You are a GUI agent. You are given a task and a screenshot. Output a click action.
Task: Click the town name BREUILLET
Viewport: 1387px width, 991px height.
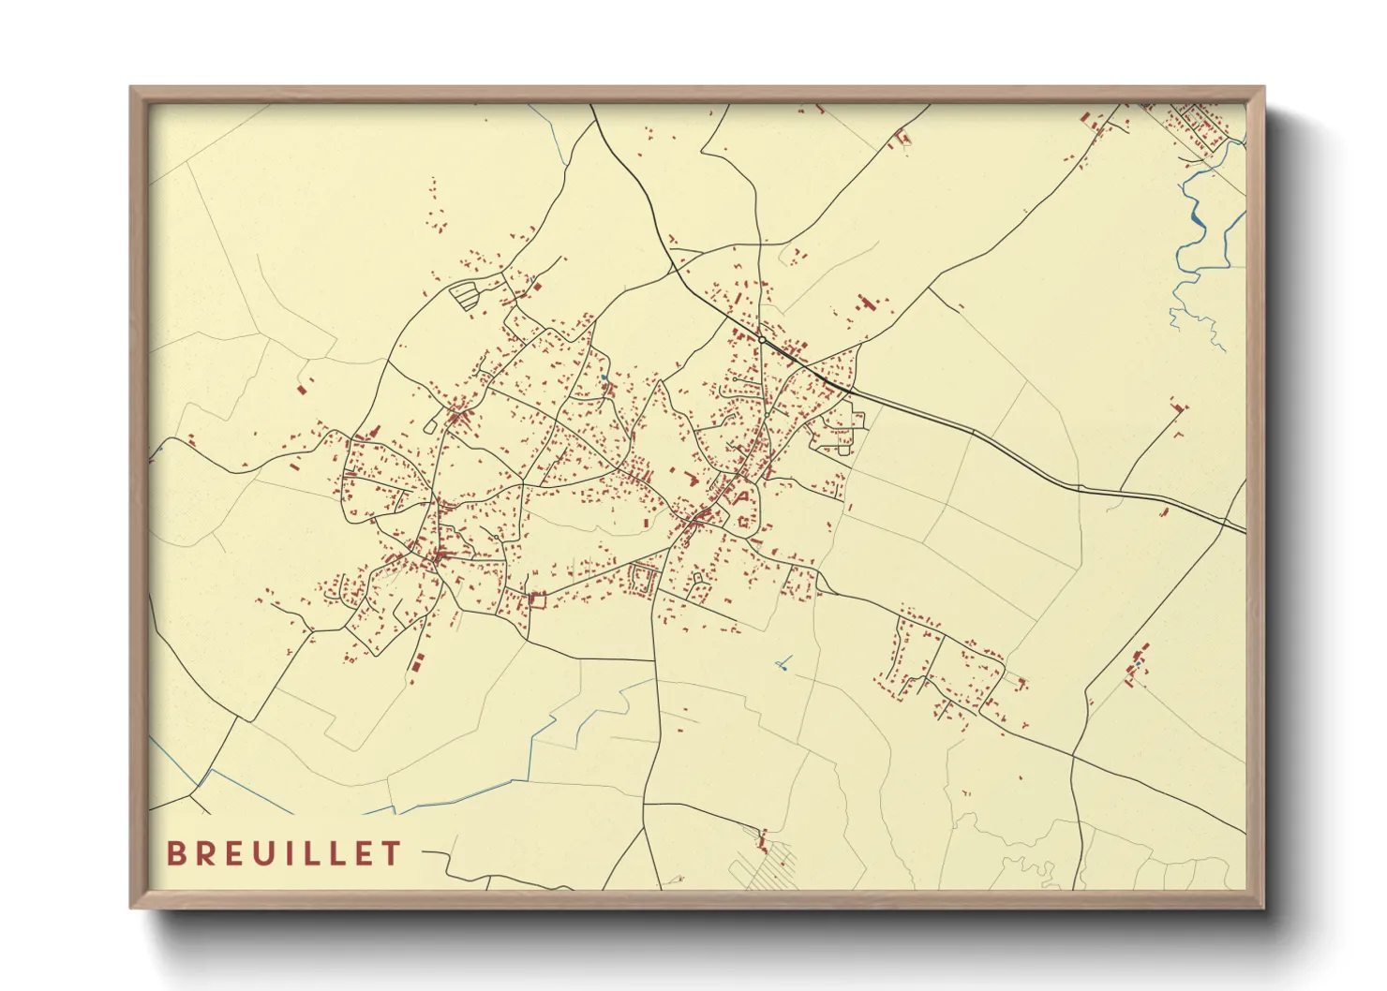[x=284, y=853]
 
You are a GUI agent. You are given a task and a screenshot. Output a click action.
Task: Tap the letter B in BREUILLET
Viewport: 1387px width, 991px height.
[x=175, y=853]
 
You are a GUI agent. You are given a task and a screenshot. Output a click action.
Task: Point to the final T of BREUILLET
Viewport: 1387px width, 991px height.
[x=392, y=853]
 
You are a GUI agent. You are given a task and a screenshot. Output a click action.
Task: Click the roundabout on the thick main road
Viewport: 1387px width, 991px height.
[x=763, y=338]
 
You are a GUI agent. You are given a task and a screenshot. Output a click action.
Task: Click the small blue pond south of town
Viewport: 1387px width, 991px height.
[x=782, y=666]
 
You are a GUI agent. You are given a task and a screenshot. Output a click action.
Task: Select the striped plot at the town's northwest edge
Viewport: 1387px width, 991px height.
[x=465, y=295]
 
